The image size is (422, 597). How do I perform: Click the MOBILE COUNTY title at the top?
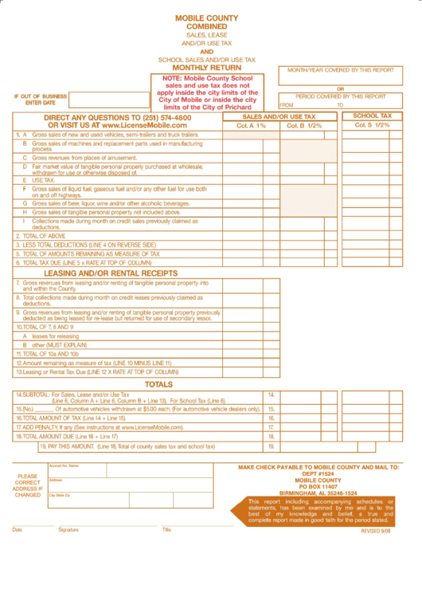206,17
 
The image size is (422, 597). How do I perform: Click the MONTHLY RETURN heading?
206,68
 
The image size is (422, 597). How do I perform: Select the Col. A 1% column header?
251,126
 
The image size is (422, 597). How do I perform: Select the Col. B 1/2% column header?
305,126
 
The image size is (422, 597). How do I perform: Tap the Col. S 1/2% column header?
372,125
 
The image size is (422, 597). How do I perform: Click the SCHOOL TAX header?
372,116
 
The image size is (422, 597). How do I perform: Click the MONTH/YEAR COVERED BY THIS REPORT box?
340,76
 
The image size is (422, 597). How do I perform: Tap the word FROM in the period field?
287,105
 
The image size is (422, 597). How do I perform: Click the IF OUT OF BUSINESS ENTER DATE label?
40,100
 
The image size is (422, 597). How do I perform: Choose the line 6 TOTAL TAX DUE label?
84,262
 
